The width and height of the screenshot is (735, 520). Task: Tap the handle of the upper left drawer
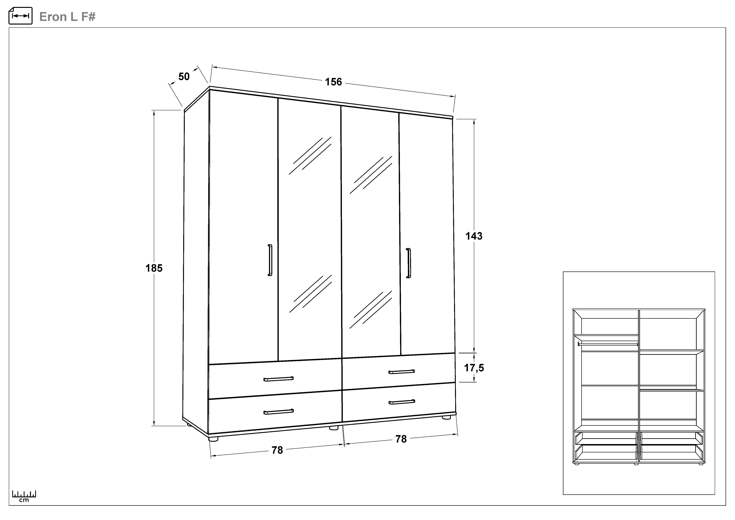(x=279, y=379)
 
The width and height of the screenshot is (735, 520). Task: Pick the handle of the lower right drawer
(x=402, y=402)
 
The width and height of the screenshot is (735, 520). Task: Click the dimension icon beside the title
(x=20, y=16)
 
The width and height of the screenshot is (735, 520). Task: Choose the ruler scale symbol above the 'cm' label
(x=24, y=494)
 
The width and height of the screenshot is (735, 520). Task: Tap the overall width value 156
(x=334, y=82)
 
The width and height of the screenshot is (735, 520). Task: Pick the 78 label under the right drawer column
(x=401, y=439)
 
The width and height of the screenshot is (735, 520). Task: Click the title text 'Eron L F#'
(x=68, y=17)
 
